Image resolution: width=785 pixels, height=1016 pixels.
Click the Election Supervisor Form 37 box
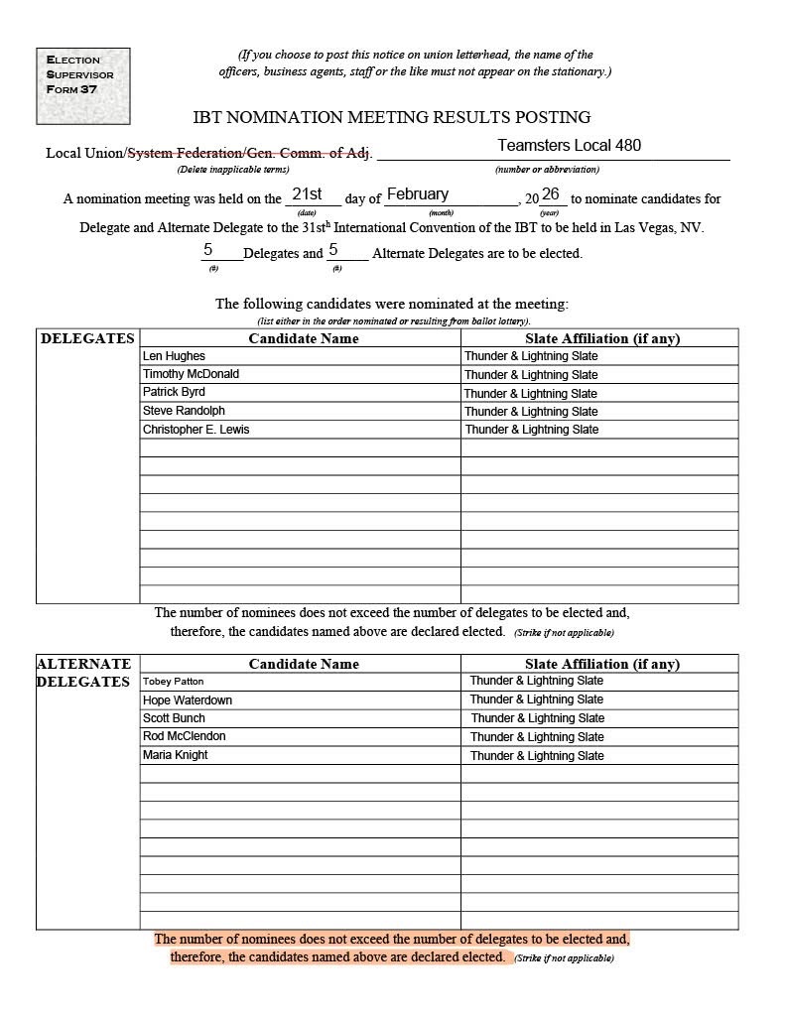tap(83, 86)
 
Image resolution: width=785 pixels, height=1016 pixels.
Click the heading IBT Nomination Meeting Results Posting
tap(392, 117)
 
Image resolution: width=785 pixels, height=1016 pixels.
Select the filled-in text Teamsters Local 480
tap(569, 146)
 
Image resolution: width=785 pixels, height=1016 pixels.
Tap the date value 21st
tap(307, 194)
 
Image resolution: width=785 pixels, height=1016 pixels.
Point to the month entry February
tap(417, 194)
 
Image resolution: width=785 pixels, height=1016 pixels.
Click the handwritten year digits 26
tap(550, 194)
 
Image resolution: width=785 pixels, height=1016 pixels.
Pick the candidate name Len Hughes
tap(174, 356)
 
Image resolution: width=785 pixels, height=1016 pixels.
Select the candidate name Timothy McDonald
tap(191, 374)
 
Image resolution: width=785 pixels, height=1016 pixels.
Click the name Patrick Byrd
tap(174, 392)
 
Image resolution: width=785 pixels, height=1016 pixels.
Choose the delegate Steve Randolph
tap(184, 411)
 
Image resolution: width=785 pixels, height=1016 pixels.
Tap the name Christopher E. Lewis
tap(196, 430)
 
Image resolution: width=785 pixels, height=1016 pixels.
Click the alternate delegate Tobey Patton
tap(173, 682)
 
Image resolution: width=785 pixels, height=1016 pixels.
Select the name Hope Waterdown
tap(188, 700)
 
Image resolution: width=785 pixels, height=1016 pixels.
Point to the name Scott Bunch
tap(174, 718)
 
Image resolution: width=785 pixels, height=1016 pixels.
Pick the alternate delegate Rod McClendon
tap(184, 736)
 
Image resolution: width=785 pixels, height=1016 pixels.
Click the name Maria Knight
tap(175, 755)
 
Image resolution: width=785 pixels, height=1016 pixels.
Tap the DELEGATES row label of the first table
tap(87, 338)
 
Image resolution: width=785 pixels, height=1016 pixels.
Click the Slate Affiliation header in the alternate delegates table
tap(601, 664)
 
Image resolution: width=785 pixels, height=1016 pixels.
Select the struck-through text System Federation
tap(185, 153)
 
